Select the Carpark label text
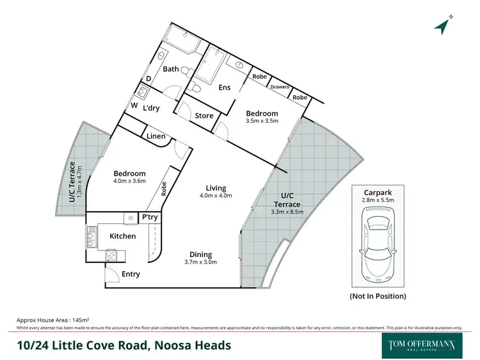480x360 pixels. click(377, 191)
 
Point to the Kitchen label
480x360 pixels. click(122, 236)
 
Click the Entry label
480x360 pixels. click(130, 274)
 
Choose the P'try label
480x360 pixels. click(150, 218)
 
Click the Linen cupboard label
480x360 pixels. click(156, 136)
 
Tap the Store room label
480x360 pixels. click(204, 116)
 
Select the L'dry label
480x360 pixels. click(152, 107)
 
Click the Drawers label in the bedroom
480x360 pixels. click(280, 87)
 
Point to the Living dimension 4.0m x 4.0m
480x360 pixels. click(216, 196)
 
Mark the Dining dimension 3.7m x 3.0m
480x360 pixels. click(201, 262)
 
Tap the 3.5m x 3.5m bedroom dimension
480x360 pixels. click(262, 121)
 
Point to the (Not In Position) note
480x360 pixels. click(377, 296)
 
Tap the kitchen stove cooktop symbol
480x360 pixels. click(111, 254)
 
